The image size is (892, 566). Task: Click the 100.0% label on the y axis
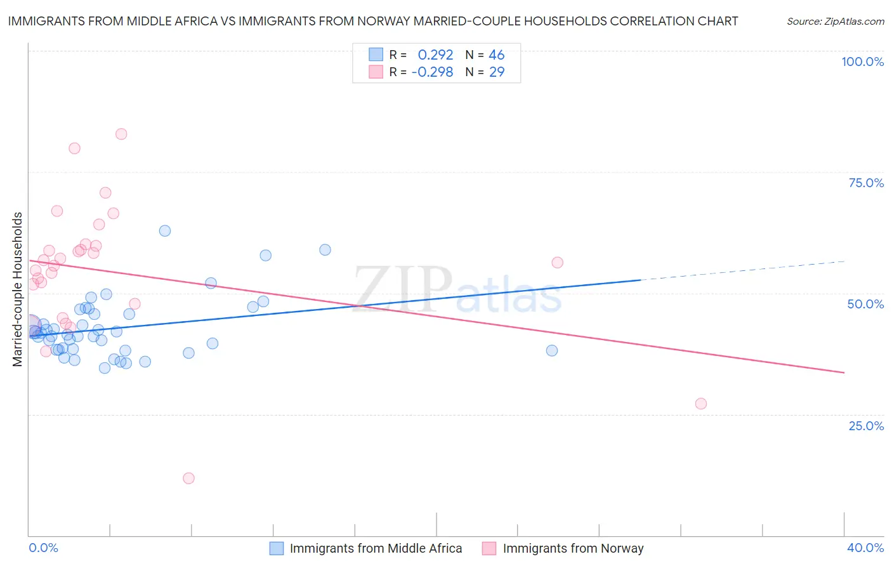click(x=862, y=62)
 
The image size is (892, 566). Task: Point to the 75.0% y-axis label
click(x=866, y=183)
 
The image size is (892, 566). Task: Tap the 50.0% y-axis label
click(x=865, y=304)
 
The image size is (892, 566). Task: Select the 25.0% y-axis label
click(x=866, y=426)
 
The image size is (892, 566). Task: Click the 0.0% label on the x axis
click(x=43, y=548)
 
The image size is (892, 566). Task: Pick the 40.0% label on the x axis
click(x=865, y=548)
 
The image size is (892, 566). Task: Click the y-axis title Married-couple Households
click(x=18, y=289)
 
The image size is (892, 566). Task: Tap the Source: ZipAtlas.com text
click(x=835, y=22)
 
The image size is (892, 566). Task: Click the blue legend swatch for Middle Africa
click(x=277, y=548)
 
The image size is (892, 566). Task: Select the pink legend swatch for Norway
click(x=489, y=548)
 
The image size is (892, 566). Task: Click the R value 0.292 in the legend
click(x=435, y=55)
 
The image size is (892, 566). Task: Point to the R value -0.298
click(x=432, y=72)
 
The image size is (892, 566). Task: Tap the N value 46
click(x=497, y=55)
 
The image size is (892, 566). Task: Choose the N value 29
click(x=497, y=72)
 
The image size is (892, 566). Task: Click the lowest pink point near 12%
click(x=188, y=478)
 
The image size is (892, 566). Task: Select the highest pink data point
click(x=121, y=134)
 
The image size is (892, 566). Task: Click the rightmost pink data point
click(x=700, y=404)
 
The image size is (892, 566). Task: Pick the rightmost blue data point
click(x=552, y=350)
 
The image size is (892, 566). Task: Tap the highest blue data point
click(x=165, y=231)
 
